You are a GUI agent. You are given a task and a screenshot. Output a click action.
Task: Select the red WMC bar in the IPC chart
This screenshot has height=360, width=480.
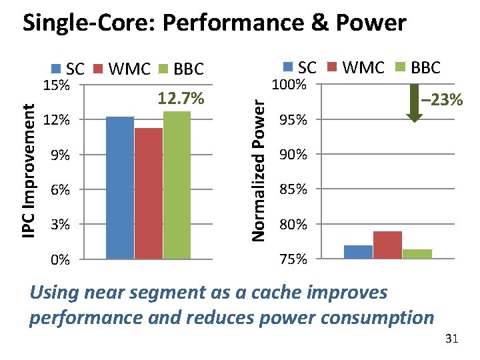point(148,193)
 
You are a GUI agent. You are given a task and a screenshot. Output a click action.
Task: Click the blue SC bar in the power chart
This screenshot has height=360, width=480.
point(358,251)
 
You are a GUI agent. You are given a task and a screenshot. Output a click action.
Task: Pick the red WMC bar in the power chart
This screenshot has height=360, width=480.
point(387,245)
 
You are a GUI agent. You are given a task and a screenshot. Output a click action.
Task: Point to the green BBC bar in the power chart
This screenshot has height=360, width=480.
point(417,253)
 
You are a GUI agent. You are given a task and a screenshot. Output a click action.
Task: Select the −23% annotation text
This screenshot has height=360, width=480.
point(441,101)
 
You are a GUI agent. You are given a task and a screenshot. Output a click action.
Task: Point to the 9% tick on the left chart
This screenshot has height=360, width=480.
point(61,155)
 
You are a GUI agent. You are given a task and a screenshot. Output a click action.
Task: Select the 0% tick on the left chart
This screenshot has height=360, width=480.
point(61,260)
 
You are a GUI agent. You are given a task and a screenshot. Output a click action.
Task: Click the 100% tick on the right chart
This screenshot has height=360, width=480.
point(290,85)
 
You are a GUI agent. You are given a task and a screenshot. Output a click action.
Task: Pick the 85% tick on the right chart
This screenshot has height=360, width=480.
point(293,190)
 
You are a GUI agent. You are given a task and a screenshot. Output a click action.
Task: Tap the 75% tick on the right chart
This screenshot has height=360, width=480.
point(293,259)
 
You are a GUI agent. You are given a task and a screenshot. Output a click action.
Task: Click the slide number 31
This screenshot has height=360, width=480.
point(451,339)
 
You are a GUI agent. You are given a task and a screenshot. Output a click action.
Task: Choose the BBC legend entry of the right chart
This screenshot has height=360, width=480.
point(418,67)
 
